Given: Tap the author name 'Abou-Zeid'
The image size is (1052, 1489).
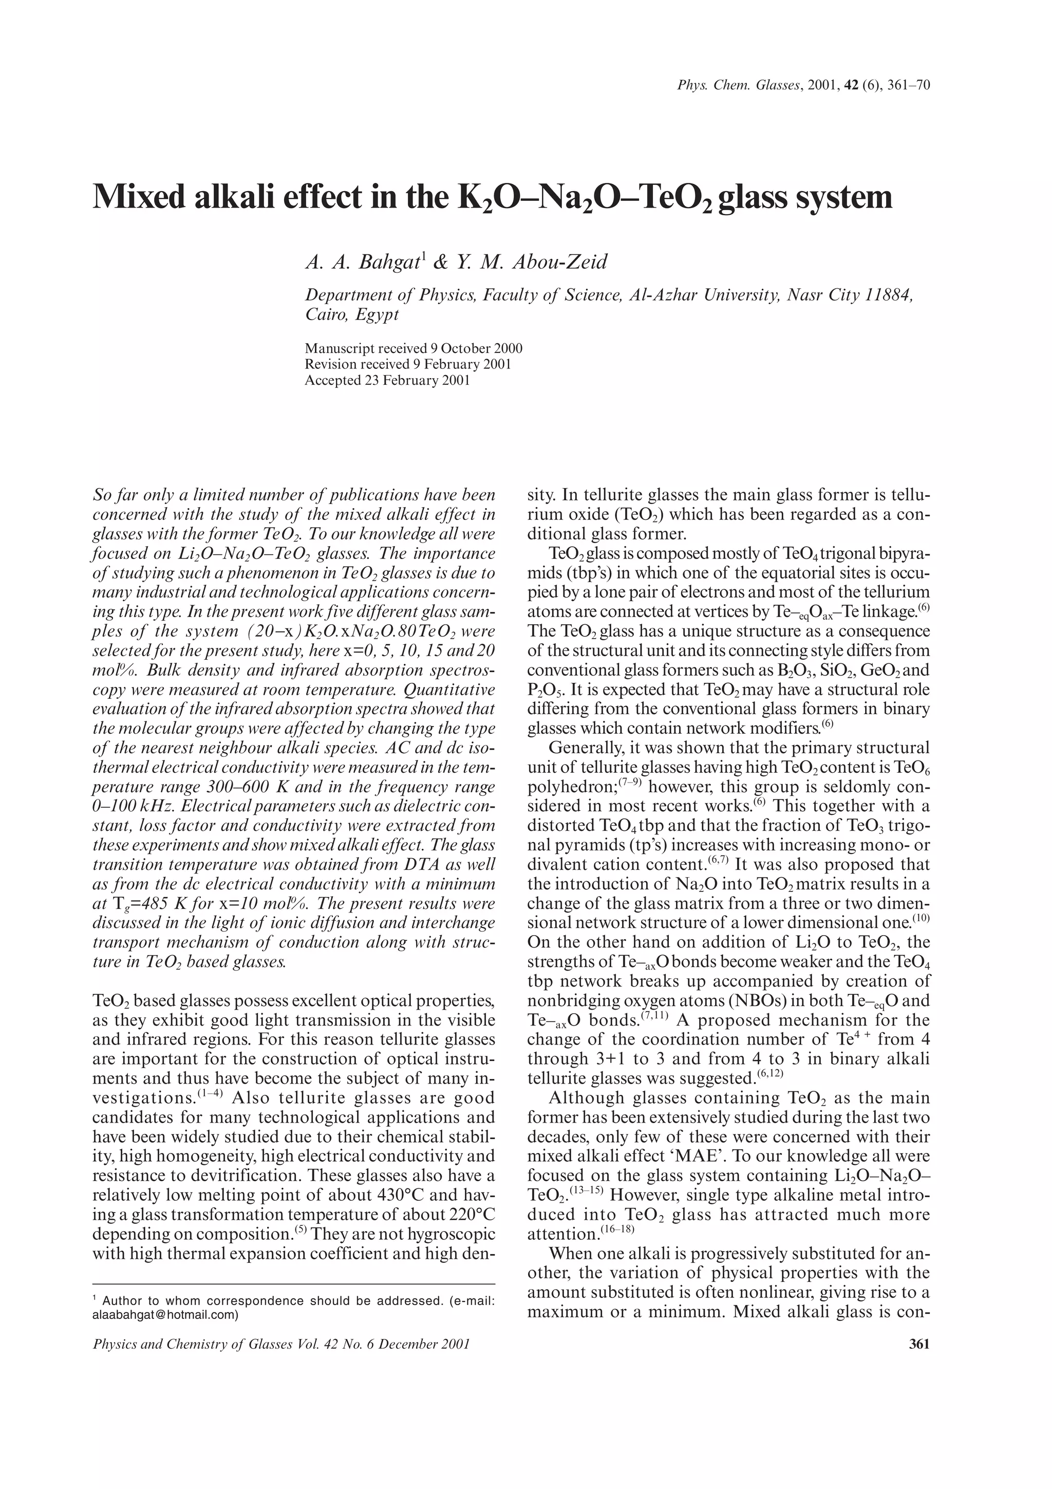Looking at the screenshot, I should [x=560, y=262].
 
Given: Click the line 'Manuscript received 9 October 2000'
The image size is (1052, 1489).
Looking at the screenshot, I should [x=414, y=348].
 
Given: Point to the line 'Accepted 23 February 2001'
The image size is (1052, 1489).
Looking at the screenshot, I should [x=387, y=381].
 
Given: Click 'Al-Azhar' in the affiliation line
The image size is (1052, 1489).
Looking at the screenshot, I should [x=661, y=295].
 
